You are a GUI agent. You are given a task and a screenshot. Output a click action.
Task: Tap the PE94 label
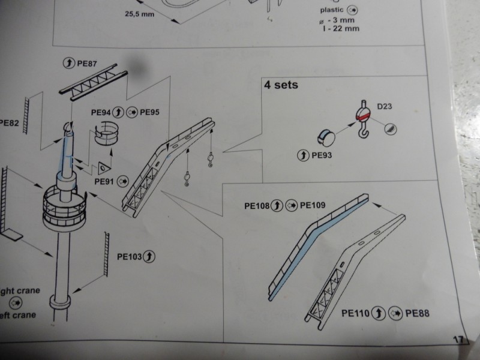point(101,112)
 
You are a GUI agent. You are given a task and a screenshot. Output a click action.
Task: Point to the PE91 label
point(104,179)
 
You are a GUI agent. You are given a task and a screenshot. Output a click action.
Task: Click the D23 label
point(385,107)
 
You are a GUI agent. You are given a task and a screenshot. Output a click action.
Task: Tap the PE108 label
point(256,205)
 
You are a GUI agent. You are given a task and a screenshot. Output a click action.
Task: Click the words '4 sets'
point(281,85)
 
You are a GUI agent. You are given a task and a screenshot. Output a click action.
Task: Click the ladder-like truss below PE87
point(93,85)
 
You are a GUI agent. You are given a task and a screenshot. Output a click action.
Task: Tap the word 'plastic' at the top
point(332,10)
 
